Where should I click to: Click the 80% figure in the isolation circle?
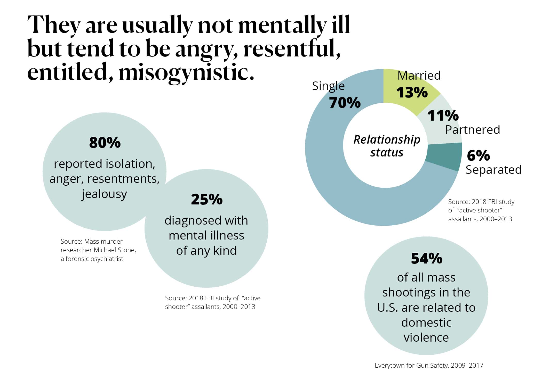[105, 143]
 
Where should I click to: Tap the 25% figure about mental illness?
[207, 199]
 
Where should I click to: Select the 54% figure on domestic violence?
[427, 258]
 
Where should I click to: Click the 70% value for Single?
[345, 103]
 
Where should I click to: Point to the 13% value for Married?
[412, 92]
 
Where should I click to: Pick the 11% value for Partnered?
[443, 116]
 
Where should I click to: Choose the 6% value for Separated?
[478, 155]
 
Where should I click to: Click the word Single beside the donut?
[328, 86]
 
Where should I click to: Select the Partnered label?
[473, 129]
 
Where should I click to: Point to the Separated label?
[493, 170]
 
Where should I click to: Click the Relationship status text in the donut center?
[387, 146]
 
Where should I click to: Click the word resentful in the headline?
[292, 49]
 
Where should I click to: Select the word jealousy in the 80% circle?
[104, 194]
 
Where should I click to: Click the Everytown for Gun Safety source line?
[429, 365]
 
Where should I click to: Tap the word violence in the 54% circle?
[426, 337]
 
